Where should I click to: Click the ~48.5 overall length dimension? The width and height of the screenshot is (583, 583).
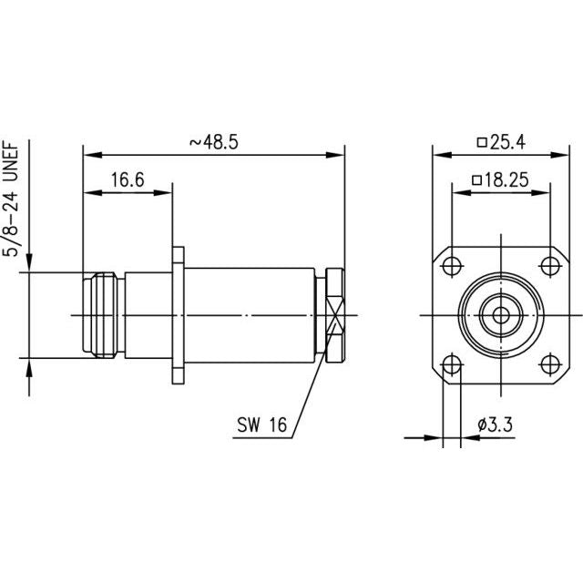click(214, 142)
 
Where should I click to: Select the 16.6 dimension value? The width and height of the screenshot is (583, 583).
click(128, 180)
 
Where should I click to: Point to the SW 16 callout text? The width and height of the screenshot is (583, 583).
click(262, 424)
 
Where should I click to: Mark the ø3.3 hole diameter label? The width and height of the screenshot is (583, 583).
click(495, 424)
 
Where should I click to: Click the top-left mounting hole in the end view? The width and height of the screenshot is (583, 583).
click(452, 266)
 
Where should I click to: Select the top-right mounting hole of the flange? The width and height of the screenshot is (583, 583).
click(550, 266)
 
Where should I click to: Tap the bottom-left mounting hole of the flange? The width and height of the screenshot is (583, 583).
click(452, 364)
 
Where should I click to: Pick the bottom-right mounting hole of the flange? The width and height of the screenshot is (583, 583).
click(550, 364)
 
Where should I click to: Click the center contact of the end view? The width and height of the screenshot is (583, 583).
click(501, 316)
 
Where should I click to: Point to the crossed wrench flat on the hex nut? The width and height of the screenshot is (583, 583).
click(335, 316)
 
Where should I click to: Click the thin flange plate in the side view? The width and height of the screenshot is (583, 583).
click(179, 315)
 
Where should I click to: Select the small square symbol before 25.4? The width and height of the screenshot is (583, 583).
click(482, 142)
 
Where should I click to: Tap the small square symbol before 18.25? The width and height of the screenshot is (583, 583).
click(476, 180)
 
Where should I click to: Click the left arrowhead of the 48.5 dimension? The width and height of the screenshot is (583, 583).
click(92, 155)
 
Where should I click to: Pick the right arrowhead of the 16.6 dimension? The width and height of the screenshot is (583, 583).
click(162, 192)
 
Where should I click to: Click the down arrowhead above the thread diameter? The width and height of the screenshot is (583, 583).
click(29, 263)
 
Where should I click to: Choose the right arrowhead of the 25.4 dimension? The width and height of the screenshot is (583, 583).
click(559, 155)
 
